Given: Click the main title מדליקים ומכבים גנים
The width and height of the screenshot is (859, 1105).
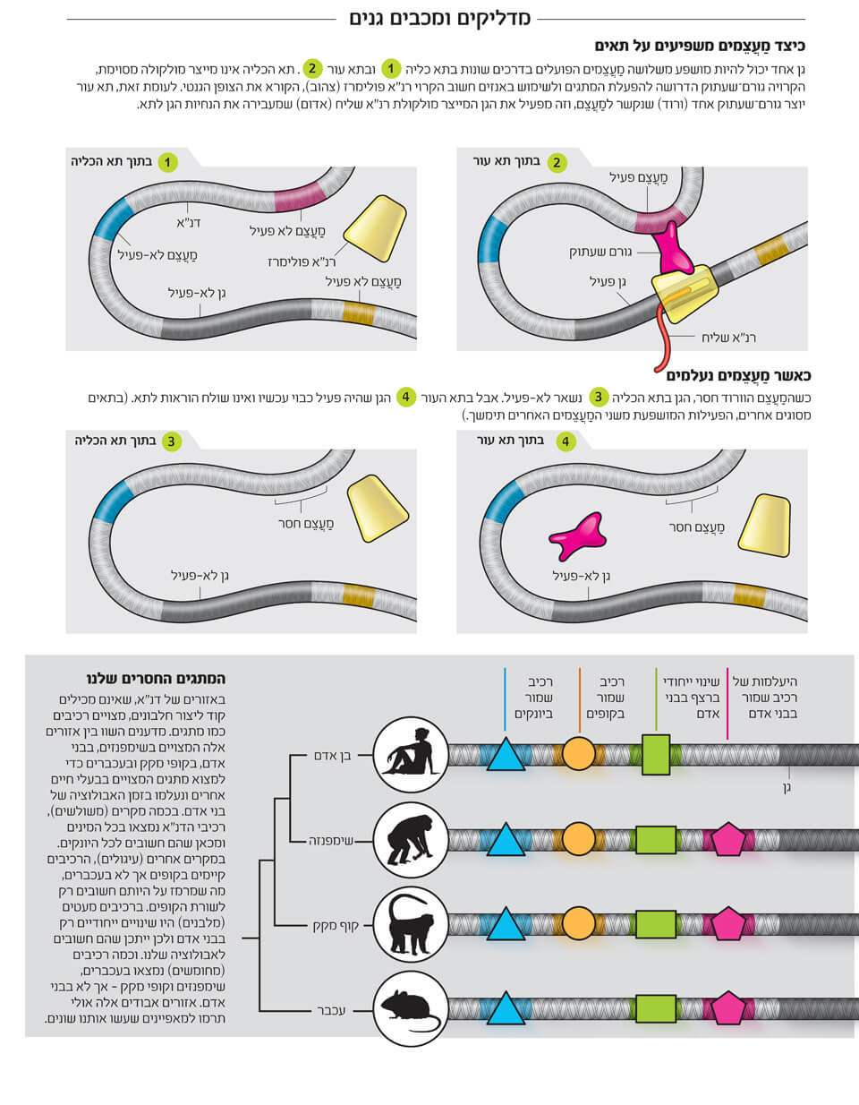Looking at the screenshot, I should (438, 18).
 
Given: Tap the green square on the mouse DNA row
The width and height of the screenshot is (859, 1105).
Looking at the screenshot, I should (655, 1008).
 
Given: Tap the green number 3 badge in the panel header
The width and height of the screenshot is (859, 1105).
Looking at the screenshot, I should (171, 441).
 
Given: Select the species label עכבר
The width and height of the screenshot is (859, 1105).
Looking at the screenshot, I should (331, 1010).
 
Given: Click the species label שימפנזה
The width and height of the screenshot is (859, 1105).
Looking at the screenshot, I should (331, 842).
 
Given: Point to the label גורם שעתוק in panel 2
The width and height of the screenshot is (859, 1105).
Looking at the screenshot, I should (599, 253).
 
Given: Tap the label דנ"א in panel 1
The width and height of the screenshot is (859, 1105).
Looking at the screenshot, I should (188, 222).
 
